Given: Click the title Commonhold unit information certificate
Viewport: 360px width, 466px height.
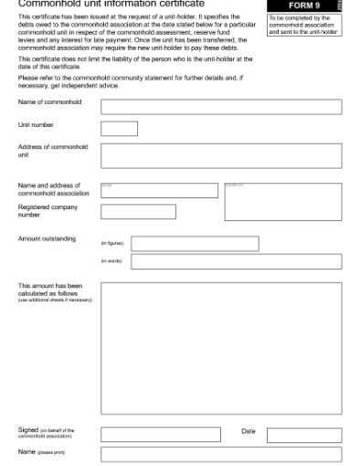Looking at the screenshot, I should pyautogui.click(x=111, y=4).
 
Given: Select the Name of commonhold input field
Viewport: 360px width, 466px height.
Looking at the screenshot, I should pyautogui.click(x=221, y=107).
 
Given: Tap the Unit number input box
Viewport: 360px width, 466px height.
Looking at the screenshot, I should pyautogui.click(x=119, y=129).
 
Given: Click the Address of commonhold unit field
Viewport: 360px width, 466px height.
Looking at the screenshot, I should pyautogui.click(x=221, y=155).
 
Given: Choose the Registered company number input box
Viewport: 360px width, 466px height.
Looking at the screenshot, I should pyautogui.click(x=138, y=212).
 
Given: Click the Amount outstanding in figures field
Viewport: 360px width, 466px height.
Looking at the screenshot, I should pyautogui.click(x=195, y=244).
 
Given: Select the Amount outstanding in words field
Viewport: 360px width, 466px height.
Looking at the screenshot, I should pyautogui.click(x=236, y=262).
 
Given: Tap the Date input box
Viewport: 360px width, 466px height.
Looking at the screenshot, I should pyautogui.click(x=304, y=435).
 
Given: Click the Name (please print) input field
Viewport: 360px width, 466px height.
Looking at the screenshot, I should pyautogui.click(x=221, y=454).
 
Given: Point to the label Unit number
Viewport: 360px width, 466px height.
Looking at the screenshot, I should pyautogui.click(x=37, y=125).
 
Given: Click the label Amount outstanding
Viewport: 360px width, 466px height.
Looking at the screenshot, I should pyautogui.click(x=47, y=239).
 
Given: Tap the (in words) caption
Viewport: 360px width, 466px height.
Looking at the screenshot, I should pyautogui.click(x=111, y=262).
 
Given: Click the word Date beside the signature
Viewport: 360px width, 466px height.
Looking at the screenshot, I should pyautogui.click(x=249, y=430).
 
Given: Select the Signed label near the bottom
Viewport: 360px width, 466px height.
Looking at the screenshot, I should pyautogui.click(x=28, y=429).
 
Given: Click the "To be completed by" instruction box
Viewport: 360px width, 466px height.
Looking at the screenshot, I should pyautogui.click(x=302, y=24).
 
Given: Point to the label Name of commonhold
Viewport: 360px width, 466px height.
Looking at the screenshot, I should pyautogui.click(x=49, y=102).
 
